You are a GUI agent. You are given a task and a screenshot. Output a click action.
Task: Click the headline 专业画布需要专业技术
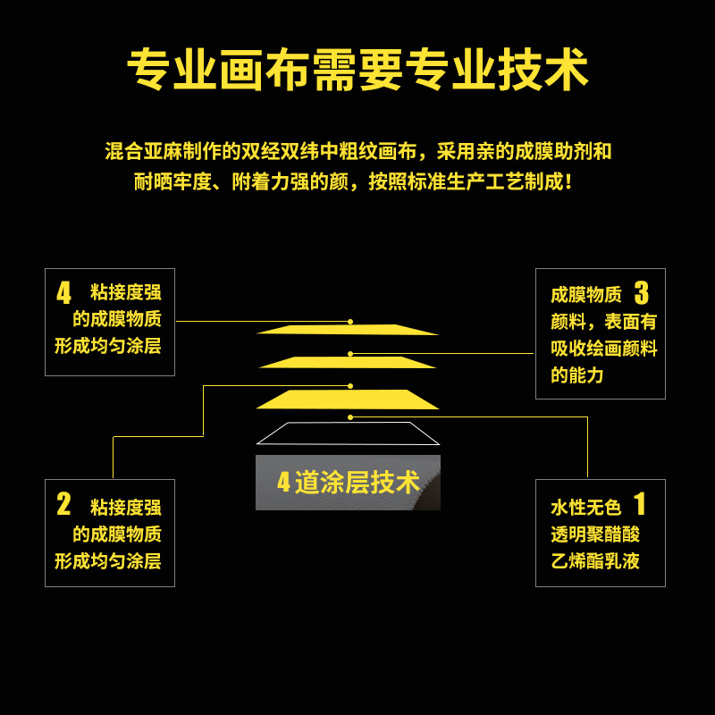(x=357, y=70)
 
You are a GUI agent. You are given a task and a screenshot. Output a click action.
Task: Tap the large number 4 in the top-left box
(x=63, y=293)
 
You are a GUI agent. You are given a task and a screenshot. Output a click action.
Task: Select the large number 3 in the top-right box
(x=641, y=293)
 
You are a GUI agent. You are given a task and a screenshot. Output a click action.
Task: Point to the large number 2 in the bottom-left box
(x=63, y=504)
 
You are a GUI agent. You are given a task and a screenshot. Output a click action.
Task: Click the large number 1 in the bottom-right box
(x=640, y=504)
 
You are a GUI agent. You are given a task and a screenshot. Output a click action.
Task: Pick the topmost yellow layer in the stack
(x=348, y=330)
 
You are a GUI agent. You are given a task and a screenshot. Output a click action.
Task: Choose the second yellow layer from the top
(x=348, y=362)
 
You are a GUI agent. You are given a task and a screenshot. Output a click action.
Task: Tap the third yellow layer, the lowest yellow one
(x=348, y=399)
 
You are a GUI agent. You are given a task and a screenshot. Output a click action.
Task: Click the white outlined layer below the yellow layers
(x=348, y=433)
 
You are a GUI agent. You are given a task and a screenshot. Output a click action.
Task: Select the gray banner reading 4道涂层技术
(x=348, y=483)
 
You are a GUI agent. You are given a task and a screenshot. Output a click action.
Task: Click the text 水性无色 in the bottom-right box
(x=585, y=508)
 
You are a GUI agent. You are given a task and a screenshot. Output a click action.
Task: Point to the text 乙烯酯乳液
(x=595, y=561)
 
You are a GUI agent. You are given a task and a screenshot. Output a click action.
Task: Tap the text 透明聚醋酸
(x=595, y=534)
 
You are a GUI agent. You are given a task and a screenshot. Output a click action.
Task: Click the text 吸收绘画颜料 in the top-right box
(x=604, y=349)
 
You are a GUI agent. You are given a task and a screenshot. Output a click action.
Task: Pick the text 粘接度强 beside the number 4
(x=126, y=292)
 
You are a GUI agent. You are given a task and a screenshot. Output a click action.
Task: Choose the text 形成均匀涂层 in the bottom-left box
(x=108, y=561)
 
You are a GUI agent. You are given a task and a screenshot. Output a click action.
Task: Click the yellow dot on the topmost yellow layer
(x=350, y=321)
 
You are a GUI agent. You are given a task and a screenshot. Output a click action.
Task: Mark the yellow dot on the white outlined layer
(x=350, y=417)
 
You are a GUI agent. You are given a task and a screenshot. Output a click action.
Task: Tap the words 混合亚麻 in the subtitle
(x=134, y=151)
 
